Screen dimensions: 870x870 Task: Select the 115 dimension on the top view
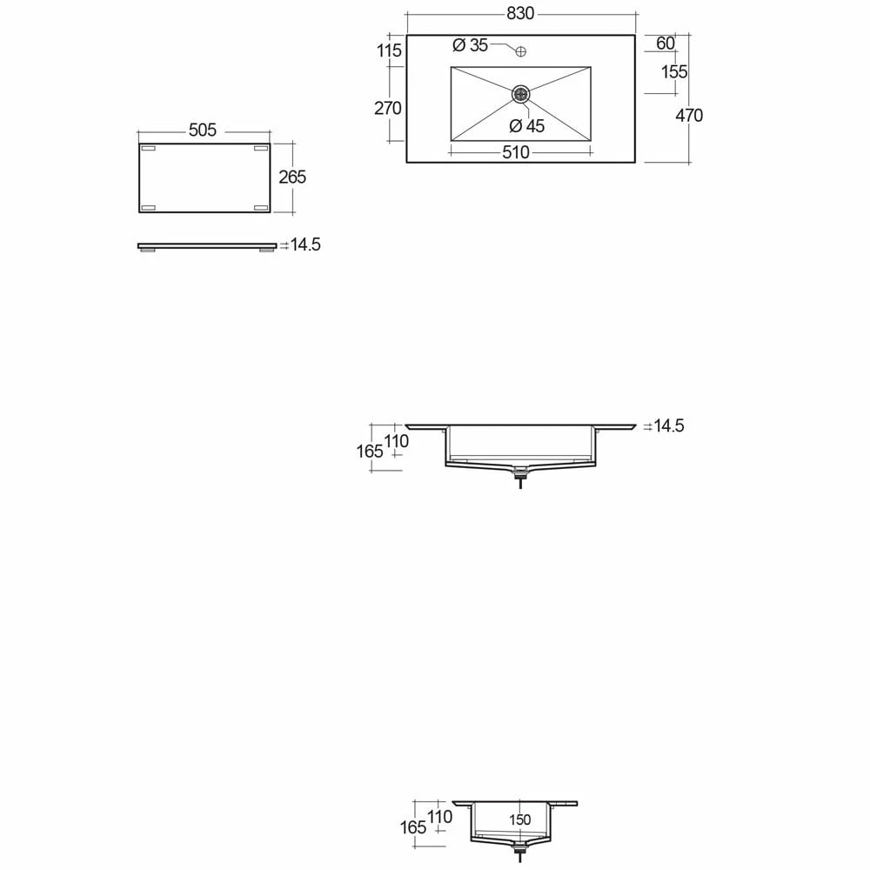[389, 50]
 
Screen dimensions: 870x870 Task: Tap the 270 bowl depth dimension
[388, 108]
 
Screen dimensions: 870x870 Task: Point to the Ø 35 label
[471, 45]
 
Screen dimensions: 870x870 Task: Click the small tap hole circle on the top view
[520, 51]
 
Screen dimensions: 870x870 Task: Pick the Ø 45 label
[527, 126]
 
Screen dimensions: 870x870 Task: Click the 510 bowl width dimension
[515, 153]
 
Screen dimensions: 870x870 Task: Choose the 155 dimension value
[674, 72]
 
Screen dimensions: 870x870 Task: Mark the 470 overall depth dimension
[689, 115]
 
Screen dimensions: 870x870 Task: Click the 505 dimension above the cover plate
[202, 130]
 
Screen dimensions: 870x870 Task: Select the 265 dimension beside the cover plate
[291, 177]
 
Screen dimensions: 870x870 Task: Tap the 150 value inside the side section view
[519, 820]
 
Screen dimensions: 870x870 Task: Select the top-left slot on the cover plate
[148, 150]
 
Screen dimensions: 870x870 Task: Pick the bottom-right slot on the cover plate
[260, 207]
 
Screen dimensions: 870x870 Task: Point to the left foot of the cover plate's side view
[150, 251]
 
